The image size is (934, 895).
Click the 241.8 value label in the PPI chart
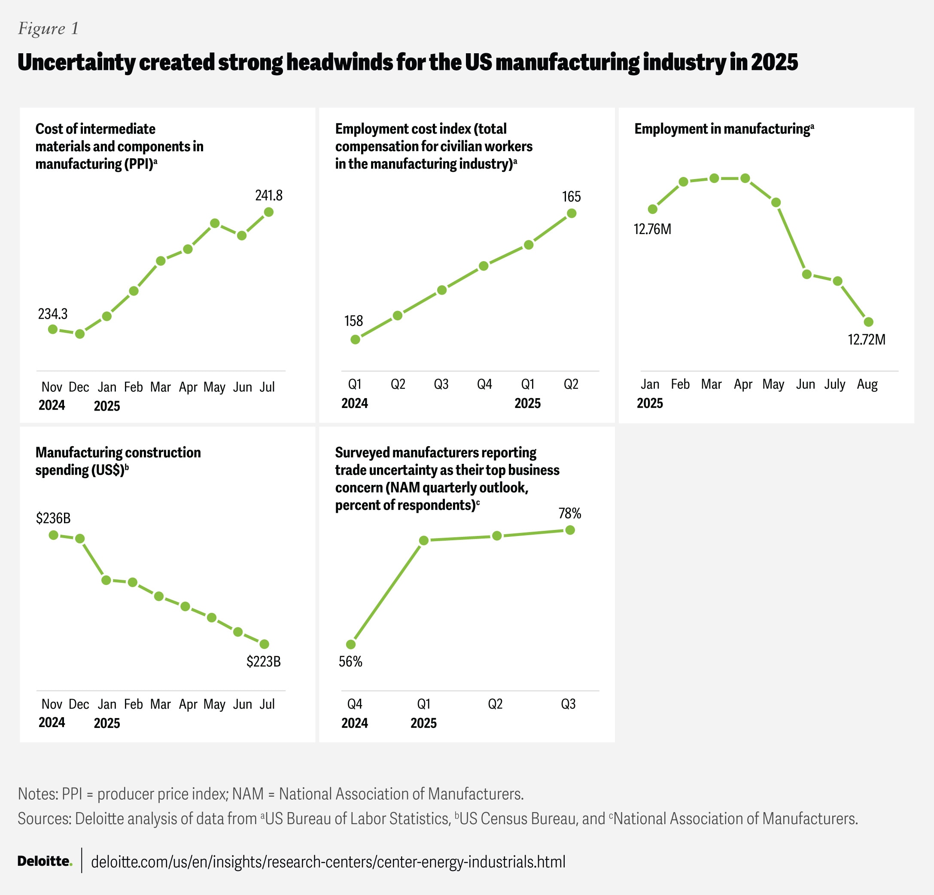point(269,195)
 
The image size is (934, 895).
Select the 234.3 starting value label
point(53,314)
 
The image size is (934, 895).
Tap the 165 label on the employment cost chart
point(572,197)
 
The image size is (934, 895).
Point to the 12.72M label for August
point(866,340)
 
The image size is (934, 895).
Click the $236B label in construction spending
point(53,518)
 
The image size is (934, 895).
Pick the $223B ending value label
point(264,661)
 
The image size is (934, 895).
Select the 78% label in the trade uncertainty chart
point(570,514)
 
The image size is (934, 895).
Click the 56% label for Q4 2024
point(351,661)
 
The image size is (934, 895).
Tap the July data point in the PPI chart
point(269,212)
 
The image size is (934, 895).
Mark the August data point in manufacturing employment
point(868,322)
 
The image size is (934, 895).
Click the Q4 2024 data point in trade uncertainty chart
point(351,644)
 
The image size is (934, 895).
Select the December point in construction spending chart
point(80,539)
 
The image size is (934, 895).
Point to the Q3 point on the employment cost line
point(442,290)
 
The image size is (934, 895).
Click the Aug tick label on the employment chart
point(867,384)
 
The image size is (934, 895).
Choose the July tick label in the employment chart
point(835,384)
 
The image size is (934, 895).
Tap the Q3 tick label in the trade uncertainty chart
point(568,704)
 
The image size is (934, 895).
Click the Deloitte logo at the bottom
point(45,861)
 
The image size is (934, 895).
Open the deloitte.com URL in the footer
point(328,862)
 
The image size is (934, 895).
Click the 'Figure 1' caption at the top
point(49,29)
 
